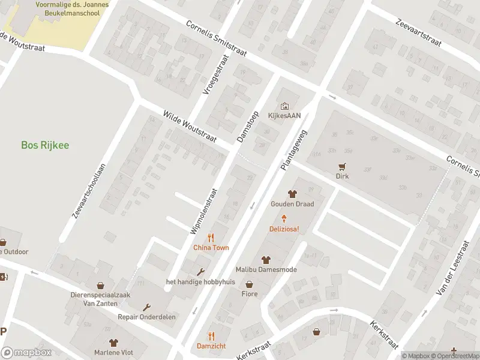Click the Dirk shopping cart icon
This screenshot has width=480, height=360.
tap(343, 166)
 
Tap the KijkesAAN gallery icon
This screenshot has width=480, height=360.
tap(284, 106)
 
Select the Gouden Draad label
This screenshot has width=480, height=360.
tap(292, 204)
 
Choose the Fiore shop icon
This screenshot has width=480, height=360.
tap(249, 284)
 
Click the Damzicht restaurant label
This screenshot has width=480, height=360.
tap(211, 346)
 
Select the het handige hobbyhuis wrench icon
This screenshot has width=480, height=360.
tap(200, 272)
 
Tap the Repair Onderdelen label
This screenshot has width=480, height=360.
tap(144, 316)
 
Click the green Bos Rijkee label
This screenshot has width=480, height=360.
tap(45, 145)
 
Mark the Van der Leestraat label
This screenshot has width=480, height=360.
tap(453, 271)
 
